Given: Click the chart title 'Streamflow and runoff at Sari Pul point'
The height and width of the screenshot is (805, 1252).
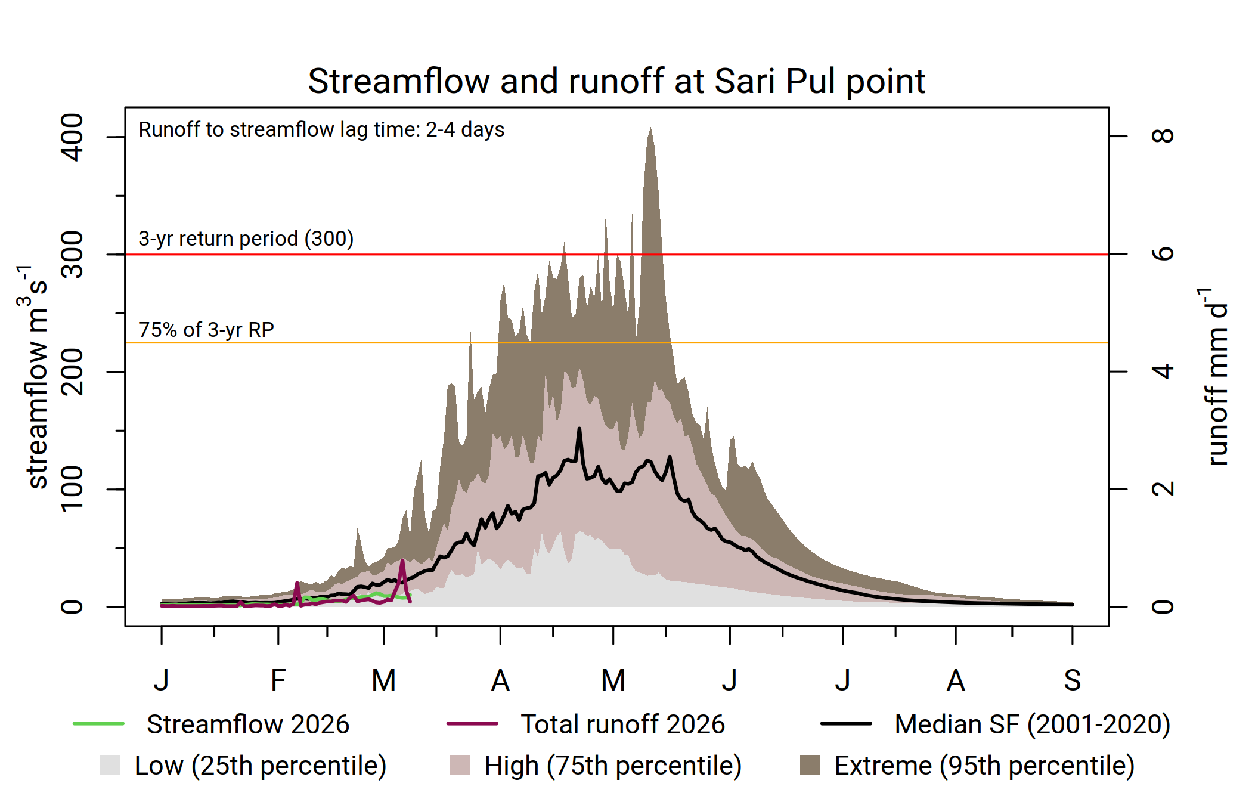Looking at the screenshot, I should pyautogui.click(x=616, y=81).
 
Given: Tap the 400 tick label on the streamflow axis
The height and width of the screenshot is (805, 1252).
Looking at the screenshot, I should pyautogui.click(x=73, y=137).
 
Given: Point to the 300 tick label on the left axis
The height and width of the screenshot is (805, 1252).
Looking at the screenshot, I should pyautogui.click(x=73, y=255).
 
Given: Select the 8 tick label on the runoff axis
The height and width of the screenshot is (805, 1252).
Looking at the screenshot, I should pyautogui.click(x=1163, y=136).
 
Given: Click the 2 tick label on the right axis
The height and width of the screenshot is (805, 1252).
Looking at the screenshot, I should pyautogui.click(x=1163, y=489).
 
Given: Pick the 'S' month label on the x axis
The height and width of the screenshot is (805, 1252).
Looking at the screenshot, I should pyautogui.click(x=1072, y=680).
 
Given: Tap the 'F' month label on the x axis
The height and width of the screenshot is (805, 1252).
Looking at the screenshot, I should pyautogui.click(x=278, y=680).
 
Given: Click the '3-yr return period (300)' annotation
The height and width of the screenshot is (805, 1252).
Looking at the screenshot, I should pyautogui.click(x=246, y=239).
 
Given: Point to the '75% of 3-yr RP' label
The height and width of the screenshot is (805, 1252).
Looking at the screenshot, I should pyautogui.click(x=206, y=330).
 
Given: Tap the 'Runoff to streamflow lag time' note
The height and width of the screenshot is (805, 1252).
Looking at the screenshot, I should pyautogui.click(x=321, y=129).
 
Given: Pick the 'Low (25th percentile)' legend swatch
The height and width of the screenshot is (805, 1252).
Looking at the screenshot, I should pyautogui.click(x=110, y=765).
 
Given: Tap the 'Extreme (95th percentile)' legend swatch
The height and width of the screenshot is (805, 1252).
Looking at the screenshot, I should pyautogui.click(x=810, y=765).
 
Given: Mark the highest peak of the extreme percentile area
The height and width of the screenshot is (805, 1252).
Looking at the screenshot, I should pyautogui.click(x=650, y=128).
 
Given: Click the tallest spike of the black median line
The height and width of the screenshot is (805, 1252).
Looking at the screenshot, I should pyautogui.click(x=579, y=429).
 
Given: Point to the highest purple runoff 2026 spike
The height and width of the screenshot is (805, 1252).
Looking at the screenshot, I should pyautogui.click(x=402, y=561).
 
